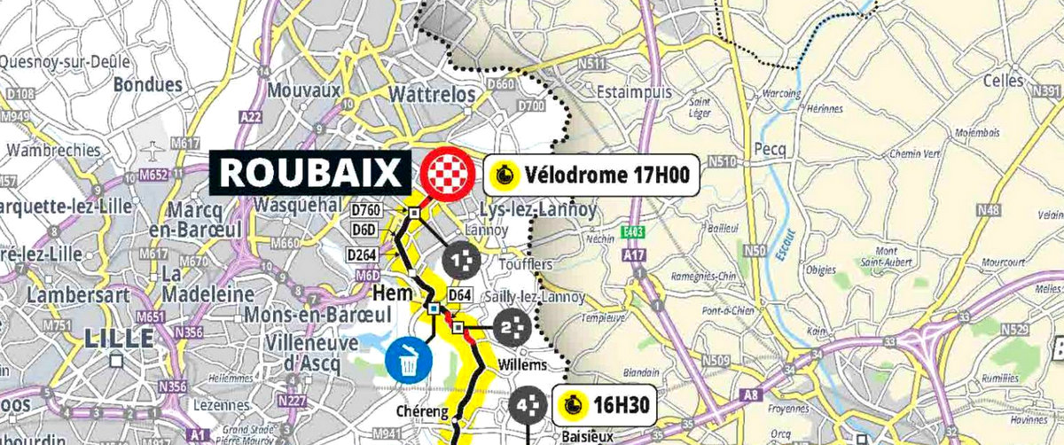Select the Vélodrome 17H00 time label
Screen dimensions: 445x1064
tap(591, 174)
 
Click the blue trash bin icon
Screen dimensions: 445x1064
tap(409, 361)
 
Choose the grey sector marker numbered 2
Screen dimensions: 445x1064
tap(510, 329)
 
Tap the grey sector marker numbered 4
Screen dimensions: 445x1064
tap(528, 406)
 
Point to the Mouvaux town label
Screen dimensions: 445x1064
tap(303, 91)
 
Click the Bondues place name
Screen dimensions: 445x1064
tap(148, 86)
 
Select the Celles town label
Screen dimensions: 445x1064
tap(1004, 81)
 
